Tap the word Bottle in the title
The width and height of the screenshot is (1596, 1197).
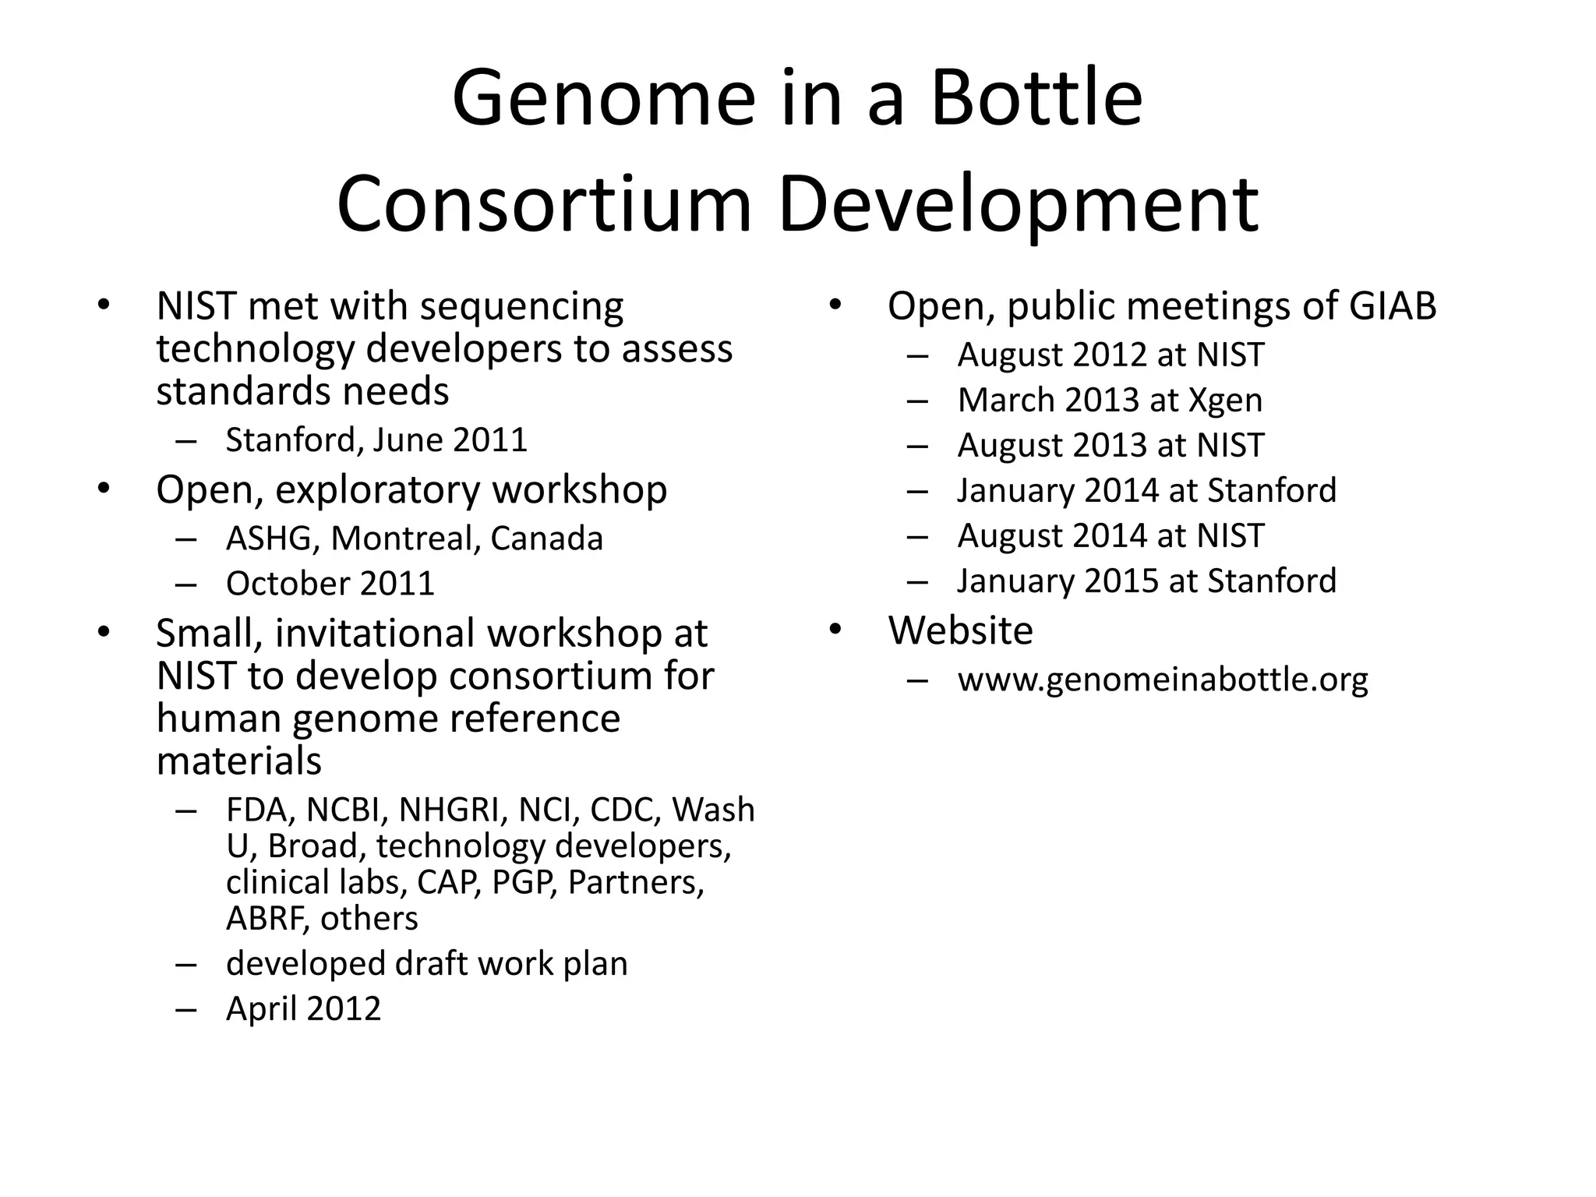[1036, 100]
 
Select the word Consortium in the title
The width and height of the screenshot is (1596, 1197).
[544, 204]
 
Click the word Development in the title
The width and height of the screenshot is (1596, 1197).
[1018, 204]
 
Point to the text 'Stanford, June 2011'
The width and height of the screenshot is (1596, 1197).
[376, 440]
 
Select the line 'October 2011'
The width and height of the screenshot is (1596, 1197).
[330, 584]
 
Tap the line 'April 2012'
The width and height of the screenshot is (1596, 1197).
[303, 1008]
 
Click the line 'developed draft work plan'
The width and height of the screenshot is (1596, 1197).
[426, 964]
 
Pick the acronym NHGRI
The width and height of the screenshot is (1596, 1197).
[448, 810]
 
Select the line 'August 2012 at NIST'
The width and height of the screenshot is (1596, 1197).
[1110, 355]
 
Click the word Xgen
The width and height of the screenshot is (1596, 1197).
[1225, 401]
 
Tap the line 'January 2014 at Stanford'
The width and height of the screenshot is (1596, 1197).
[1146, 491]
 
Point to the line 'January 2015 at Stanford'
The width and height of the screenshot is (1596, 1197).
[1146, 581]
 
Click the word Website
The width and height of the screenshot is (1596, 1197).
[960, 630]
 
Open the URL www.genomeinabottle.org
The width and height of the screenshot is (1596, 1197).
[1163, 680]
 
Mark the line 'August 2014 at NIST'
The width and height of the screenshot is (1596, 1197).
[1110, 536]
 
